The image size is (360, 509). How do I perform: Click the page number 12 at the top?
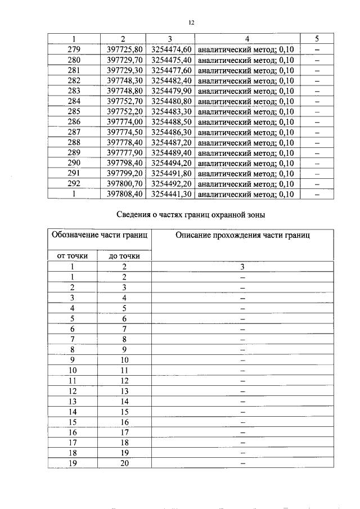pyautogui.click(x=191, y=22)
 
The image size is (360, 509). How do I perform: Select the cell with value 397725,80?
pyautogui.click(x=125, y=49)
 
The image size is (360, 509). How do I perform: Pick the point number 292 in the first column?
pyautogui.click(x=74, y=184)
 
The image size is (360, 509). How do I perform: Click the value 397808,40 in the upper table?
pyautogui.click(x=125, y=194)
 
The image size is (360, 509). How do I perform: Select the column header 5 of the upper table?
pyautogui.click(x=317, y=39)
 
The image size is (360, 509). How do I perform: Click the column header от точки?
pyautogui.click(x=73, y=256)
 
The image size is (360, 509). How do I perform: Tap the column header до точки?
pyautogui.click(x=124, y=256)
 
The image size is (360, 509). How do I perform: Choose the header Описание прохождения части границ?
pyautogui.click(x=242, y=235)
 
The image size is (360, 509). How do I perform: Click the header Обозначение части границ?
pyautogui.click(x=99, y=235)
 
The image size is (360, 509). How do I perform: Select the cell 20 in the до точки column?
pyautogui.click(x=124, y=463)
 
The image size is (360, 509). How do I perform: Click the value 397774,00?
pyautogui.click(x=125, y=121)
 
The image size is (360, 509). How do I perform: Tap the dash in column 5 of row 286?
pyautogui.click(x=317, y=121)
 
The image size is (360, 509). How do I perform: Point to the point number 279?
pyautogui.click(x=74, y=49)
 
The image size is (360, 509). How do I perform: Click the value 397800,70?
pyautogui.click(x=125, y=184)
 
